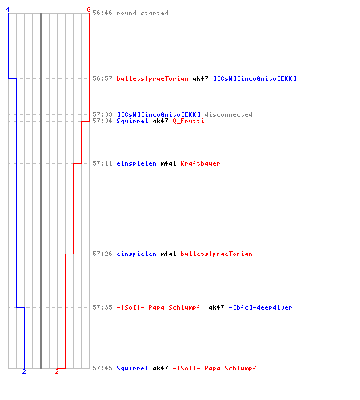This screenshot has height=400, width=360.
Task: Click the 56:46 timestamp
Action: click(102, 13)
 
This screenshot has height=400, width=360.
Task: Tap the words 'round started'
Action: click(142, 13)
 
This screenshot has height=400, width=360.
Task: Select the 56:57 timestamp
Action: click(102, 78)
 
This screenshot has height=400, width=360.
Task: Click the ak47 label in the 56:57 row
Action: click(200, 78)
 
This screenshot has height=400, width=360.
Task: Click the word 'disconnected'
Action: click(228, 114)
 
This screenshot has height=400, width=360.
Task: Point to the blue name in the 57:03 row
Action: click(158, 114)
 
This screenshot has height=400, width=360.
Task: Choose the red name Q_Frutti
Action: click(188, 121)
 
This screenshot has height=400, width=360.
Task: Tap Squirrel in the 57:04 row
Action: click(132, 121)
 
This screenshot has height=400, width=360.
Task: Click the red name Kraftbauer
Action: click(200, 163)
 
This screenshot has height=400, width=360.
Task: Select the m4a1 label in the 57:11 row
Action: click(168, 163)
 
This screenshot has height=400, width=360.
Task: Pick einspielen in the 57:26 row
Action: click(136, 254)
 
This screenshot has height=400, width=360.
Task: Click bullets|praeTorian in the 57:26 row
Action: click(216, 254)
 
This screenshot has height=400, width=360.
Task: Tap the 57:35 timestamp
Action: click(102, 307)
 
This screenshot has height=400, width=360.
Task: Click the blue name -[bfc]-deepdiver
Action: click(260, 307)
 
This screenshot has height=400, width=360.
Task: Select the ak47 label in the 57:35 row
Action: click(216, 307)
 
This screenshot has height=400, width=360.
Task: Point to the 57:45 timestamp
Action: click(102, 368)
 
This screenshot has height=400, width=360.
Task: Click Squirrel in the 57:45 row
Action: click(132, 368)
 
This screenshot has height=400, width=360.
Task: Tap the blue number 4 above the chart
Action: click(8, 10)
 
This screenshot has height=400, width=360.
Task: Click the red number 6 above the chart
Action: click(89, 10)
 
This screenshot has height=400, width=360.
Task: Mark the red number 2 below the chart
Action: click(57, 371)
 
